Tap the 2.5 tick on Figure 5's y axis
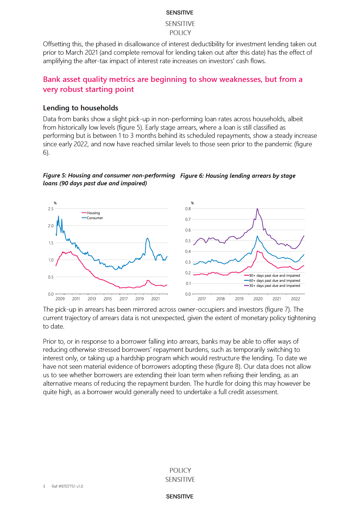(x=51, y=209)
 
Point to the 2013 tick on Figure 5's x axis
(x=92, y=299)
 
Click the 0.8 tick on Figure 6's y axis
(x=188, y=209)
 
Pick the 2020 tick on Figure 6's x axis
(x=258, y=299)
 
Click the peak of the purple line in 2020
(x=257, y=209)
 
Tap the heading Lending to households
(x=80, y=108)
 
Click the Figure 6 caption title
(x=238, y=176)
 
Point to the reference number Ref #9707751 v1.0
(x=67, y=486)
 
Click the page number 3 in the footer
(x=44, y=486)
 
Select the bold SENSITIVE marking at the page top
(x=180, y=13)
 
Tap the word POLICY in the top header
(x=180, y=33)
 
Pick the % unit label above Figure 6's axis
(x=192, y=203)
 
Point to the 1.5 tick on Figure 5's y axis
(x=51, y=243)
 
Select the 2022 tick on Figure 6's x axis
(x=296, y=299)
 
